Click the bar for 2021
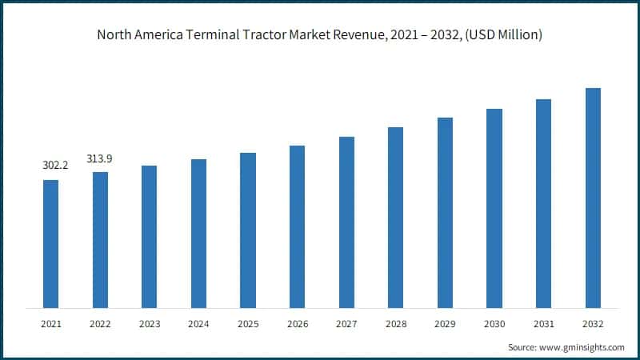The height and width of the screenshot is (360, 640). click(50, 244)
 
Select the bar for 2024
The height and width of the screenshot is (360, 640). click(198, 234)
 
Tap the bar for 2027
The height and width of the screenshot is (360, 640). click(346, 222)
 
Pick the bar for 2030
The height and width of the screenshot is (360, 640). click(494, 208)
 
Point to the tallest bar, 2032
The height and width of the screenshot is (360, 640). click(593, 198)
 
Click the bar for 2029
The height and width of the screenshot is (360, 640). click(445, 213)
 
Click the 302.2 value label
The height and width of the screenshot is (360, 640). click(50, 166)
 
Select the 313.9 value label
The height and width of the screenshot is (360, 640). click(100, 158)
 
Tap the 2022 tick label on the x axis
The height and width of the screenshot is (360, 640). click(100, 323)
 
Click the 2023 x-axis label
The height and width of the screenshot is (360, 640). click(149, 323)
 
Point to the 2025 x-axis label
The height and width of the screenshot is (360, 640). click(248, 323)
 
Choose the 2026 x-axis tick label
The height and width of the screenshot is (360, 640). click(297, 323)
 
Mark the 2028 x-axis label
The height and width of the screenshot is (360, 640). click(396, 323)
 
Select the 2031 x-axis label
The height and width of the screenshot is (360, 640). click(543, 323)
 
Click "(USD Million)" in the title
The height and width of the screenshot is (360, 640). click(502, 35)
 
